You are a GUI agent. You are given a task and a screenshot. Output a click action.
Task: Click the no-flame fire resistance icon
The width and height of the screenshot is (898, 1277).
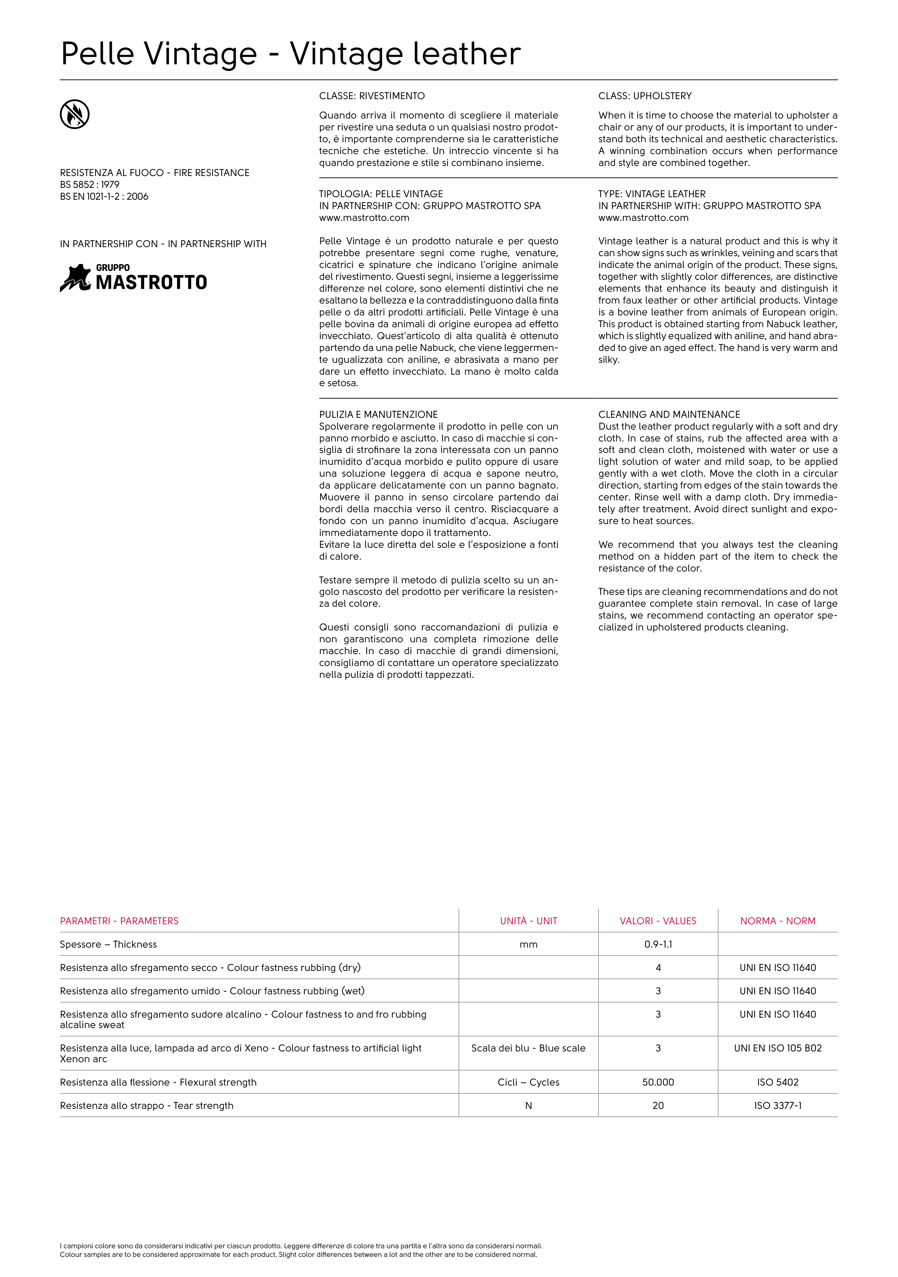coord(74,115)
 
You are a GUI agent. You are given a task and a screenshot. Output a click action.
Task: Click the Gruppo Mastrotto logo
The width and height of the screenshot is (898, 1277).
coord(134,278)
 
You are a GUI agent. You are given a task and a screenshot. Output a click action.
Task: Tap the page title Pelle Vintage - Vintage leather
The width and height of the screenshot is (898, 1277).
coord(290,54)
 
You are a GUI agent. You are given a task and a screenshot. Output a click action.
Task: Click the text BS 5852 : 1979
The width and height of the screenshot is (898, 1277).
coord(89,185)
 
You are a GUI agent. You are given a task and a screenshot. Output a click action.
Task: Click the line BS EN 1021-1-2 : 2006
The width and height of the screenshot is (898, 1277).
coord(104,196)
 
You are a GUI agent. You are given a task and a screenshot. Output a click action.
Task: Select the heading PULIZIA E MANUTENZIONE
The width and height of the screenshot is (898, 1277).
coord(378,415)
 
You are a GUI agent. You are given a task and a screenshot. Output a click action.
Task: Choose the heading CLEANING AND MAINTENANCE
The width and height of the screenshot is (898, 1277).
coord(669,415)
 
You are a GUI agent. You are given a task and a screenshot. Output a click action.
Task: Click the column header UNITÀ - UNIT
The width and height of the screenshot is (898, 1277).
coord(528,921)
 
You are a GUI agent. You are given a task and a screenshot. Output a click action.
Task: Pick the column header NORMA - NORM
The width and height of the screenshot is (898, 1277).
coord(777,921)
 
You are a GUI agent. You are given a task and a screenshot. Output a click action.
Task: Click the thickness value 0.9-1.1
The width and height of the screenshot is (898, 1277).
coord(658,944)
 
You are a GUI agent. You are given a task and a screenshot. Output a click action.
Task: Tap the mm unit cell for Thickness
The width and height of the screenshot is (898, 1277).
coord(528,944)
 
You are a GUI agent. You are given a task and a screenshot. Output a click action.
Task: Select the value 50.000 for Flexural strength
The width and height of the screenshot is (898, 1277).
coord(658,1082)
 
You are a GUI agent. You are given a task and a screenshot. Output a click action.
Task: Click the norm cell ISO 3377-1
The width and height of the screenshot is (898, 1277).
coord(777,1106)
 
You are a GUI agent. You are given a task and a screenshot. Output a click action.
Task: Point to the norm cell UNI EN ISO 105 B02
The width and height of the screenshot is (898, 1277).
coord(777,1049)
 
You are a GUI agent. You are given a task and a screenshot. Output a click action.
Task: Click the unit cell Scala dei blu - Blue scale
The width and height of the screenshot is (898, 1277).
coord(528,1049)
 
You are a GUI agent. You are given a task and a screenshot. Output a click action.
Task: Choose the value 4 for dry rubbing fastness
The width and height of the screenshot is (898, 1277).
coord(658,968)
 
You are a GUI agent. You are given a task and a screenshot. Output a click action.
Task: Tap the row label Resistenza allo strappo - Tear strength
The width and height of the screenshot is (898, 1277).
coord(147,1106)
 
